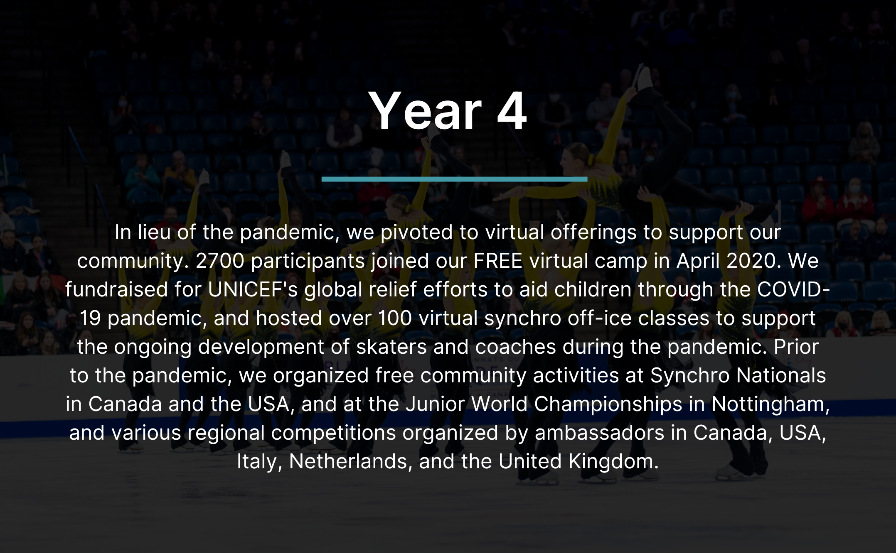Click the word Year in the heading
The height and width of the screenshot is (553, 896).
(425, 111)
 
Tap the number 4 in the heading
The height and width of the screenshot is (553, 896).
(512, 111)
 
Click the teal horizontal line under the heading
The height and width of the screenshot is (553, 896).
(454, 179)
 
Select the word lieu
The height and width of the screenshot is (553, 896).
(154, 232)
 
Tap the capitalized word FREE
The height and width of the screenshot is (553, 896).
(498, 261)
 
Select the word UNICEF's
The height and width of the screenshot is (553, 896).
(253, 289)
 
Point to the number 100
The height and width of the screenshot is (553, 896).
(395, 318)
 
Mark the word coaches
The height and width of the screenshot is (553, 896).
(515, 347)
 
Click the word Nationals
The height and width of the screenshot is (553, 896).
(781, 376)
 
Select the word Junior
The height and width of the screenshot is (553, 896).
(435, 404)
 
